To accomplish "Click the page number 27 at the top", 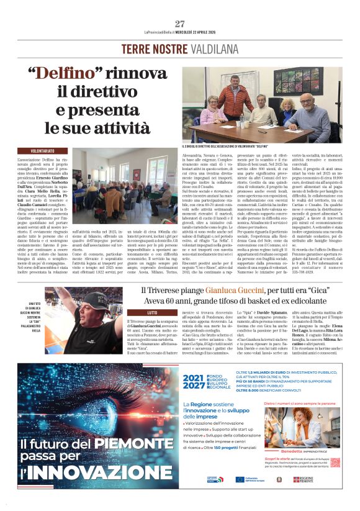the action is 180,24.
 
